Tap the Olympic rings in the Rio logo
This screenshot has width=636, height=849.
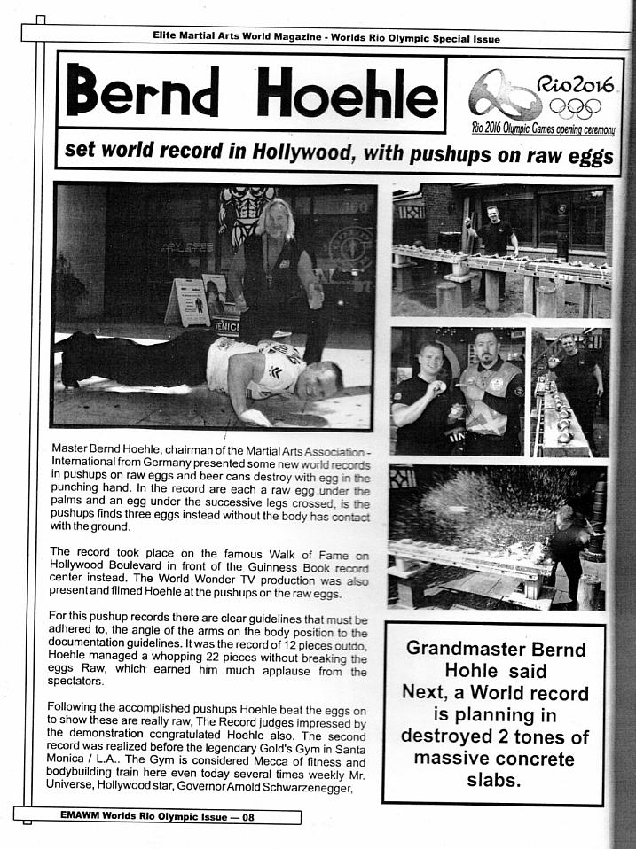[x=577, y=107]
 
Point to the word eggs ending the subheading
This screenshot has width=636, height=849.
[x=585, y=156]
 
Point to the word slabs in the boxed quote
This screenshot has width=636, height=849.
[x=496, y=780]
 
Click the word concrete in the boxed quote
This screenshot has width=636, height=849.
[x=532, y=759]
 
